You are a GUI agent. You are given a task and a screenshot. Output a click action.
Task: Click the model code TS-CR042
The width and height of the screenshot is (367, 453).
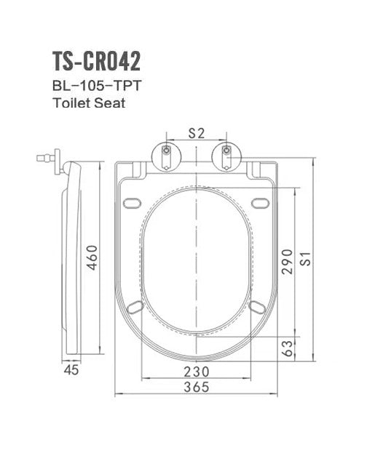click(96, 61)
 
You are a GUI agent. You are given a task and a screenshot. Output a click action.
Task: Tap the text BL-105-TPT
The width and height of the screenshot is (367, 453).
click(92, 85)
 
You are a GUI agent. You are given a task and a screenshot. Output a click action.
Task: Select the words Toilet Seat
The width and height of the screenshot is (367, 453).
click(89, 103)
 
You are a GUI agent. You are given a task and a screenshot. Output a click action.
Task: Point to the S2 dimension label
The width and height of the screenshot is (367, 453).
click(196, 133)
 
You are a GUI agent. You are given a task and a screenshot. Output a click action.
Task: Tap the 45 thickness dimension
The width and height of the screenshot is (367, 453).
click(71, 371)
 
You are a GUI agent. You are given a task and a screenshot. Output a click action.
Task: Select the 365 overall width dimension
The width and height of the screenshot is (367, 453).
click(197, 387)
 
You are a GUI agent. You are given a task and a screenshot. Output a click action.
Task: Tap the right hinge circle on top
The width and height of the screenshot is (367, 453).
click(226, 156)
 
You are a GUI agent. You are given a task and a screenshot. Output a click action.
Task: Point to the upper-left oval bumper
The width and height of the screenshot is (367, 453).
click(133, 202)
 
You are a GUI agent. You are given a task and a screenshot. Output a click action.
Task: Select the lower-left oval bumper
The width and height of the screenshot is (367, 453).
click(135, 308)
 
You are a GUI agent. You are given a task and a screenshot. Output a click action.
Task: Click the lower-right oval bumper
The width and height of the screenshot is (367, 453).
click(257, 308)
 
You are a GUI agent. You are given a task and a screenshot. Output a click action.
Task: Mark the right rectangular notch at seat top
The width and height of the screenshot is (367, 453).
click(256, 169)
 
